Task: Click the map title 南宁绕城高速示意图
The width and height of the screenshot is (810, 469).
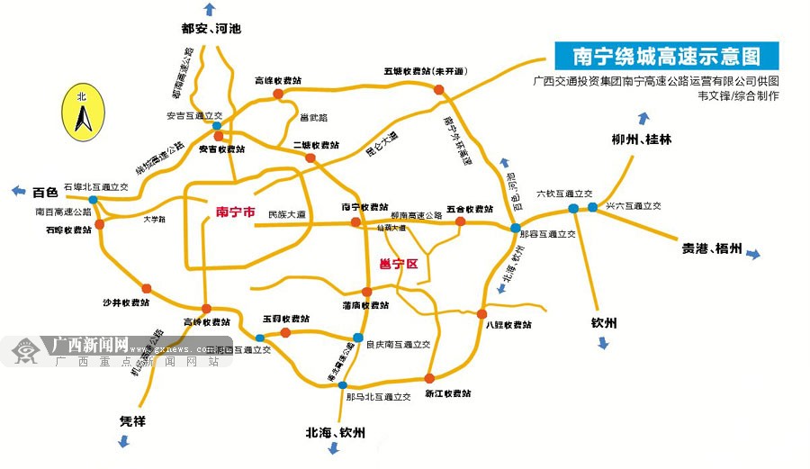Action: [x=666, y=57]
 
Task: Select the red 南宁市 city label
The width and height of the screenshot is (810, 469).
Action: [x=236, y=213]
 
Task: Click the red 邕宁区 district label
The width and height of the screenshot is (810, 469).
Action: [x=396, y=264]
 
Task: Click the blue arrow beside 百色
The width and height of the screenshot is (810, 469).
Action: [x=17, y=191]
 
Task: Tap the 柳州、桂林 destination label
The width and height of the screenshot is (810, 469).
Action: [x=641, y=140]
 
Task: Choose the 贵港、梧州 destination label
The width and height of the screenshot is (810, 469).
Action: [x=712, y=249]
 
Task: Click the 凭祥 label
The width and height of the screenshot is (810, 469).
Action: [x=132, y=420]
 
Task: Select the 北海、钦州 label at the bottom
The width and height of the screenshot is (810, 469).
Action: [x=336, y=433]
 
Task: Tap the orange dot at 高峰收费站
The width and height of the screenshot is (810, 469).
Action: [x=278, y=93]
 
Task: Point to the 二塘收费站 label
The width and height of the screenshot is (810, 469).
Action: [x=316, y=145]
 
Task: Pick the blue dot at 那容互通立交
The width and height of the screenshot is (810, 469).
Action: [x=515, y=228]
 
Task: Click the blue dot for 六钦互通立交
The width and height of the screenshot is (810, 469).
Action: [x=573, y=209]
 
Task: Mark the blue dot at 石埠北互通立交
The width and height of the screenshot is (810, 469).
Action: [x=93, y=200]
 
